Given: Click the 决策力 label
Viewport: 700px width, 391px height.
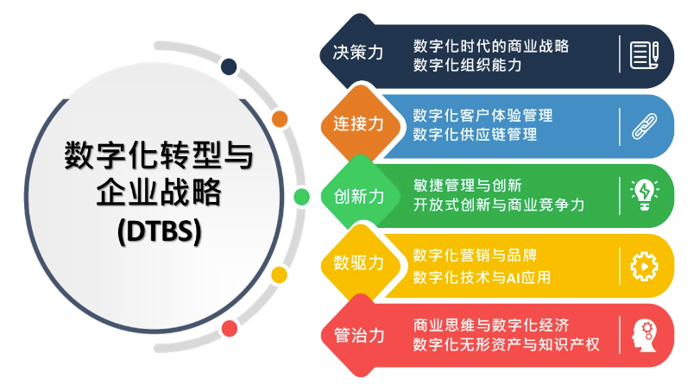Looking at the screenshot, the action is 358,53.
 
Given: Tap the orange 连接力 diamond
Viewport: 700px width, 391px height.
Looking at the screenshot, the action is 360,123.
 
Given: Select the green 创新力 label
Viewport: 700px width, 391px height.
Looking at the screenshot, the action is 359,197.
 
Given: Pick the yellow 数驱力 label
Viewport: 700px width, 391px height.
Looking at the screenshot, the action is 358,262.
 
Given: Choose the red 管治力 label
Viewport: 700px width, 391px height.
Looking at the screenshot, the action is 359,335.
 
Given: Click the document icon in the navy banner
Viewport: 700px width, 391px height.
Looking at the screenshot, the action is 644,55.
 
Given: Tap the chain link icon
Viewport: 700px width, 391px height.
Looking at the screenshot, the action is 644,126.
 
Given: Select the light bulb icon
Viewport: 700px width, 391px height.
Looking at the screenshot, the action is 644,194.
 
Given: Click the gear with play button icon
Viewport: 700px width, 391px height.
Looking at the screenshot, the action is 644,267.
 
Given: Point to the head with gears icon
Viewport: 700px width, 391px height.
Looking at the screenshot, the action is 644,335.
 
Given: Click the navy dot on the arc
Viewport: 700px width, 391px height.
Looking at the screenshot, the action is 229,66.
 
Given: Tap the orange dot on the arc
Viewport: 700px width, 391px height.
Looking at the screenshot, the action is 280,119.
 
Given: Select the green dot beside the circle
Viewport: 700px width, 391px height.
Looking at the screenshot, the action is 301,197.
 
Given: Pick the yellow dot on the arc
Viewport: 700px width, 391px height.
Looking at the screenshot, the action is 280,274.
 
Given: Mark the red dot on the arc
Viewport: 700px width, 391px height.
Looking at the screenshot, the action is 230,329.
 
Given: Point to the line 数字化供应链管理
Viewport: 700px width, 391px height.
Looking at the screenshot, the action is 475,135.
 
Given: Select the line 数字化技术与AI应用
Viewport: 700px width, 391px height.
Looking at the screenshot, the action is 482,277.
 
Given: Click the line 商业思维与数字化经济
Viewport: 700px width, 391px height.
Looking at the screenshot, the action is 490,325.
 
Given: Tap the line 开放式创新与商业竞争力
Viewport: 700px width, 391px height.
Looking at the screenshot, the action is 499,205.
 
